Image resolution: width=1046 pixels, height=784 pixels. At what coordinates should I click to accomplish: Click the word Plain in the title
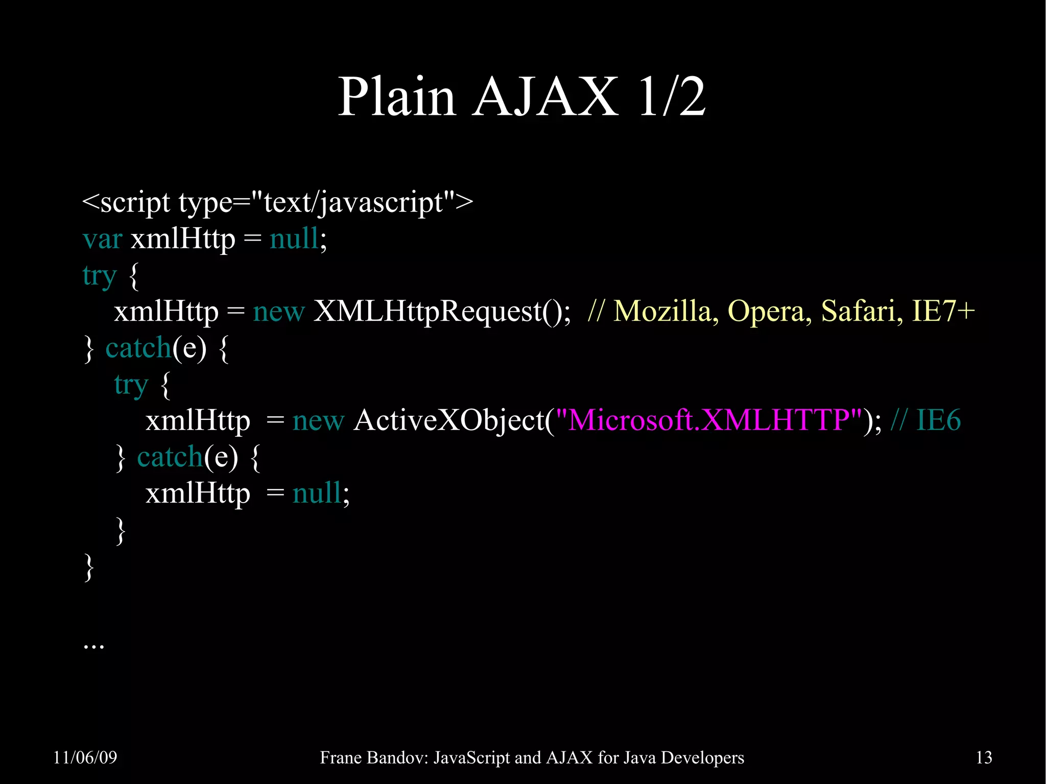coord(396,97)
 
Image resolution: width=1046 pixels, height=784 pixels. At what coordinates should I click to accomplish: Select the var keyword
coord(102,239)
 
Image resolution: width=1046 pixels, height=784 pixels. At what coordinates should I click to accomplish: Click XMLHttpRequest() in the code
coord(441,311)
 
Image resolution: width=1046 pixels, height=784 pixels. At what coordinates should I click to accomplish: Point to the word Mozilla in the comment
coord(662,311)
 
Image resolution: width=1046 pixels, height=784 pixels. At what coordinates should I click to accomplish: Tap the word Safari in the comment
coord(858,311)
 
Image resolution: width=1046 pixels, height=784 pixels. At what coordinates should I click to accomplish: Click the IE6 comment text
coord(939,420)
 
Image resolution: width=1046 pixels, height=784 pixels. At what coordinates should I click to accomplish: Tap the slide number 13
coord(984,757)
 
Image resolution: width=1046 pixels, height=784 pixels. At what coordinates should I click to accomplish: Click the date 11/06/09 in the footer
coord(85,757)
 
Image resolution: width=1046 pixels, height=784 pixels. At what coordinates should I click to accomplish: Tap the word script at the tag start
coord(135,203)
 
